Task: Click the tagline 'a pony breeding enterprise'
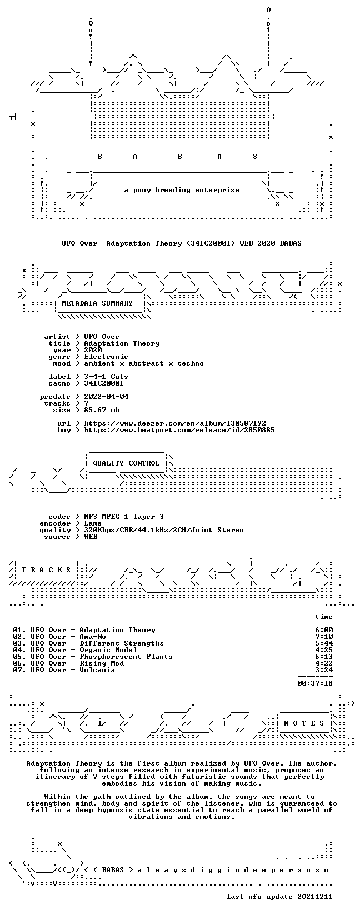coord(182,190)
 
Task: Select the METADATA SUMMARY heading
coord(97,303)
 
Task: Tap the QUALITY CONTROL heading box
coord(126,463)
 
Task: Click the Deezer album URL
coord(175,423)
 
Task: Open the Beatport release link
coord(179,430)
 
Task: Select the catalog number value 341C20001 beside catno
coord(104,383)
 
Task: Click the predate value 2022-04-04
coord(106,396)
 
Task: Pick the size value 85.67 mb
coord(102,410)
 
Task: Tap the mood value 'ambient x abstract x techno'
coord(144,363)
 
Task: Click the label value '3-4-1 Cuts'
coord(106,377)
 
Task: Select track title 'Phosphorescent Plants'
coord(126,657)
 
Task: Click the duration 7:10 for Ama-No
coord(324,637)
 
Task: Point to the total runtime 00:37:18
coord(315,683)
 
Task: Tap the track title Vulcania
coord(97,670)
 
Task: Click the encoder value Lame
coord(93,523)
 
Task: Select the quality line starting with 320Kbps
coord(164,530)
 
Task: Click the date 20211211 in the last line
coord(315,897)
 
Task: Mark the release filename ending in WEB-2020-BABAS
coord(182,243)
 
